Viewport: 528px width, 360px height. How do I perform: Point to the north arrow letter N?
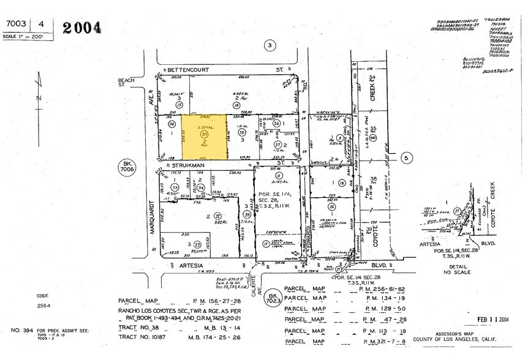click(39, 98)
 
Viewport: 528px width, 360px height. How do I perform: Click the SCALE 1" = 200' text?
click(22, 36)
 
